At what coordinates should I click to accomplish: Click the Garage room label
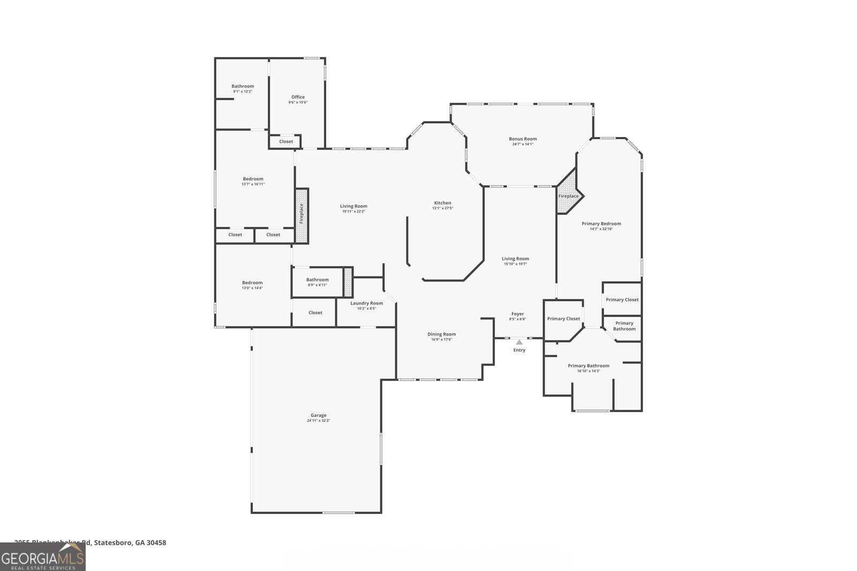[x=318, y=415]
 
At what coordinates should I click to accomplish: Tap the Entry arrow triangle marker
[x=519, y=342]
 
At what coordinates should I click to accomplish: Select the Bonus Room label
[x=523, y=139]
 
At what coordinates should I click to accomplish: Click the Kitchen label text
[x=442, y=203]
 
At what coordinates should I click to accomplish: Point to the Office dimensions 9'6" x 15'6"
[x=298, y=102]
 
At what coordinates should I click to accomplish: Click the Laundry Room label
[x=366, y=303]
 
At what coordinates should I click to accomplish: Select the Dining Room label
[x=441, y=334]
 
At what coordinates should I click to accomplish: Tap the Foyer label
[x=517, y=314]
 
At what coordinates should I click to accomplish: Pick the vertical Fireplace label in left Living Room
[x=302, y=213]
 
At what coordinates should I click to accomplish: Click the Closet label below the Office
[x=286, y=142]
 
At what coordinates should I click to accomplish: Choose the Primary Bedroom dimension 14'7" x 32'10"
[x=601, y=229]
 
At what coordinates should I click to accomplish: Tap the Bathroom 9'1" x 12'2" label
[x=243, y=86]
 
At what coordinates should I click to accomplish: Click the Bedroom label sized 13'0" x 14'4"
[x=252, y=283]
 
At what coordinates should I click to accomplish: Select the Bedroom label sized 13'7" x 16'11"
[x=253, y=179]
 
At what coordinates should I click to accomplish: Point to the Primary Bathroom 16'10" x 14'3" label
[x=588, y=366]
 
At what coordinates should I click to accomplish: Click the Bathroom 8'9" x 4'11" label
[x=317, y=280]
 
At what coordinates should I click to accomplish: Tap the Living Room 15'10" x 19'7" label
[x=515, y=259]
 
